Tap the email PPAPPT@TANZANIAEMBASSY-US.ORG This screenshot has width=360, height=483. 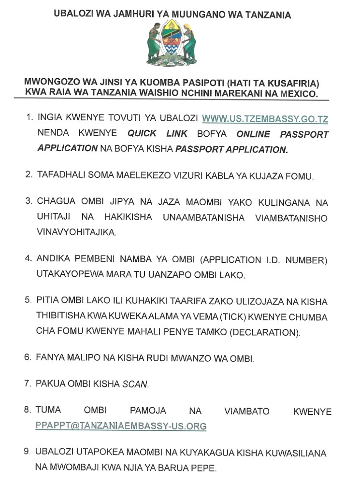coord(121,426)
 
